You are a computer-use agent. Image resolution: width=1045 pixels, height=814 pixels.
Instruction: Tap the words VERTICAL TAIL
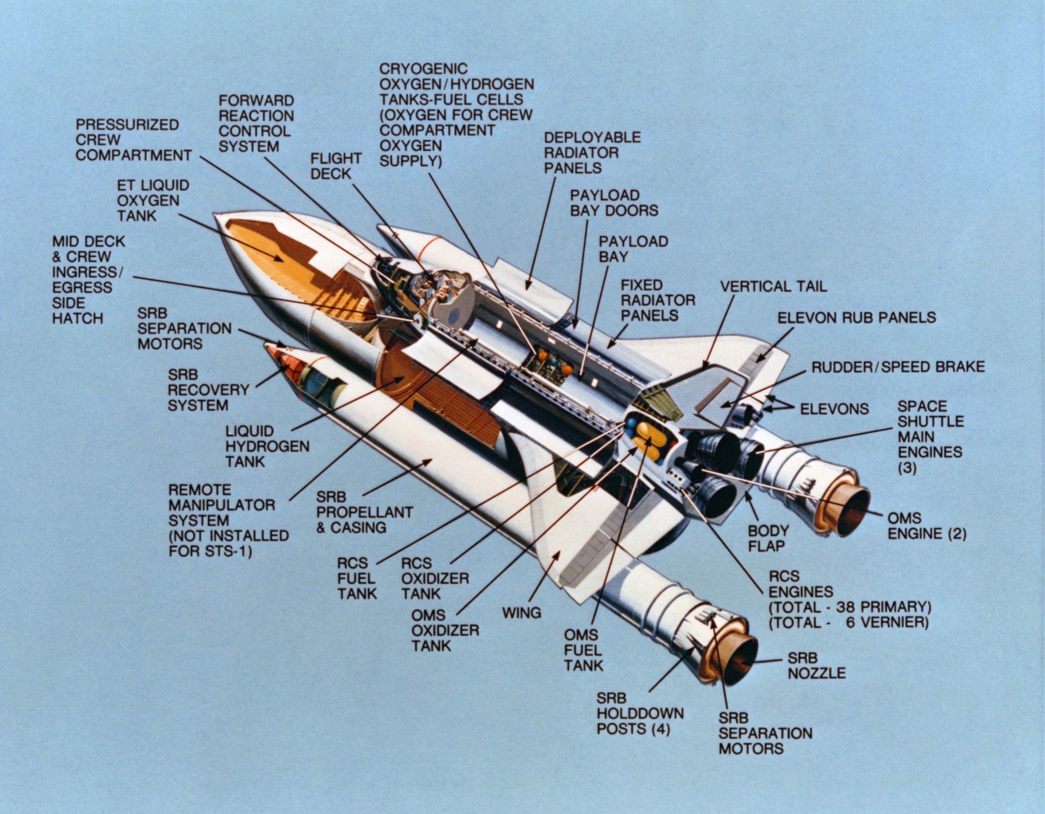[x=773, y=286]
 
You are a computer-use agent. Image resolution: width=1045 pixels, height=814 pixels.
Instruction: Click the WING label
[x=522, y=612]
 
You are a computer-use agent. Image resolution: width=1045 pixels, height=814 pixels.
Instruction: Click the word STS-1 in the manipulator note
[x=231, y=551]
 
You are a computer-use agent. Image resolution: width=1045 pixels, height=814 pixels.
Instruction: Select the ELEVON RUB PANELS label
[x=856, y=317]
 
